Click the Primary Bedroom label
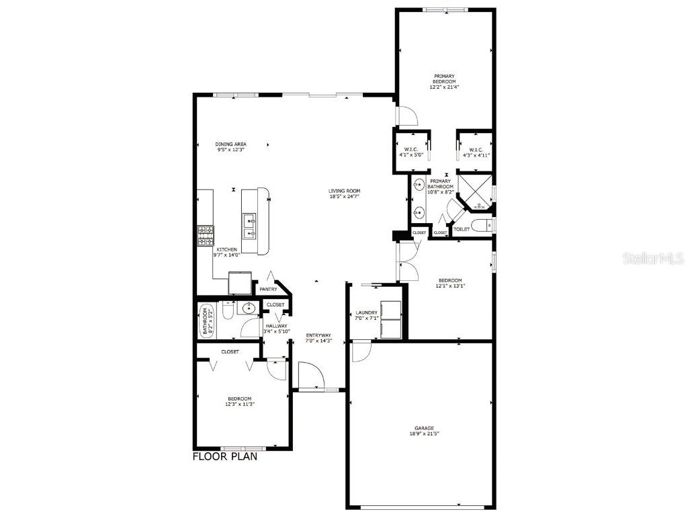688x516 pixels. pyautogui.click(x=444, y=81)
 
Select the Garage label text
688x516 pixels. pyautogui.click(x=423, y=428)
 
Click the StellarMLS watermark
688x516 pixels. pyautogui.click(x=652, y=258)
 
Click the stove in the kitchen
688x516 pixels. pyautogui.click(x=205, y=235)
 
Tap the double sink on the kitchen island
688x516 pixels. pyautogui.click(x=249, y=226)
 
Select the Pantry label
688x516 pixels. pyautogui.click(x=268, y=290)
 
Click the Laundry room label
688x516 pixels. pyautogui.click(x=367, y=312)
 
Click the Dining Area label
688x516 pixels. pyautogui.click(x=230, y=147)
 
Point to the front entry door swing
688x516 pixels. pyautogui.click(x=310, y=376)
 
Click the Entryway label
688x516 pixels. pyautogui.click(x=318, y=338)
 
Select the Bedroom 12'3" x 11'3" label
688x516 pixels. pyautogui.click(x=239, y=401)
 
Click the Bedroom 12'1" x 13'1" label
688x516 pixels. pyautogui.click(x=450, y=283)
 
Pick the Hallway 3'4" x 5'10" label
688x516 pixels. pyautogui.click(x=276, y=329)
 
